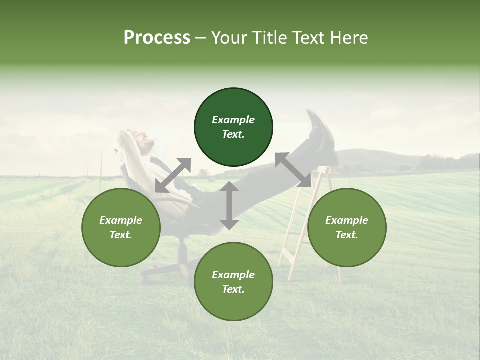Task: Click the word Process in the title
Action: point(157,37)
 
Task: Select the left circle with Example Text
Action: point(121,227)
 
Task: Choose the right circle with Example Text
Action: point(347,227)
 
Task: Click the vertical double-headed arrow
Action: point(229,205)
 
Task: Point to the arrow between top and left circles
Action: point(173,175)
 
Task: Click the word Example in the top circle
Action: point(233,120)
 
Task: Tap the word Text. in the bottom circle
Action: point(233,289)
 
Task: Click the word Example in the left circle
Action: point(121,220)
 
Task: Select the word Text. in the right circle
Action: point(347,235)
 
